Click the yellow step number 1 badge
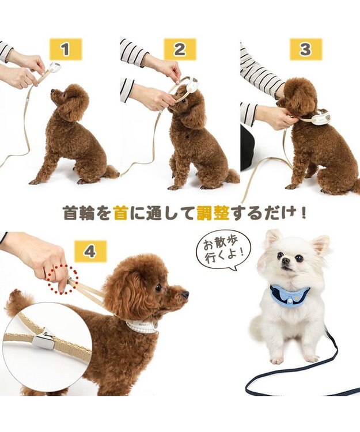65,50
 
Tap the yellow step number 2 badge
180,50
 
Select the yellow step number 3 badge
305,50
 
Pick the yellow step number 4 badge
90,252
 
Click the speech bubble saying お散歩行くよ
224,247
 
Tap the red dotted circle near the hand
63,279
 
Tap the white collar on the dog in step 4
142,327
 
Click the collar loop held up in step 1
54,68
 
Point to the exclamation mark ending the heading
303,213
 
